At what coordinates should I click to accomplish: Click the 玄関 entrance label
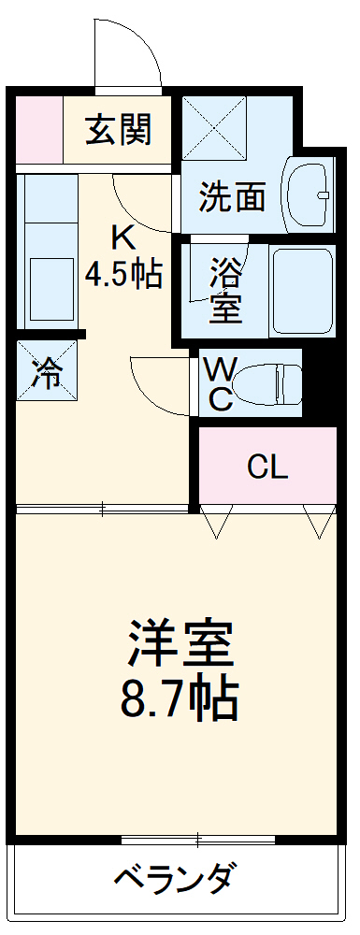[119, 131]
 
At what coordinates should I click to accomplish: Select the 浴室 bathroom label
[224, 290]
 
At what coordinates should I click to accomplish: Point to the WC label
[221, 381]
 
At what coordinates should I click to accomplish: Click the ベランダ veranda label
[175, 879]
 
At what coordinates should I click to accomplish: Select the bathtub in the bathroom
[302, 290]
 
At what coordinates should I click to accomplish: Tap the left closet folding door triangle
[215, 522]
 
